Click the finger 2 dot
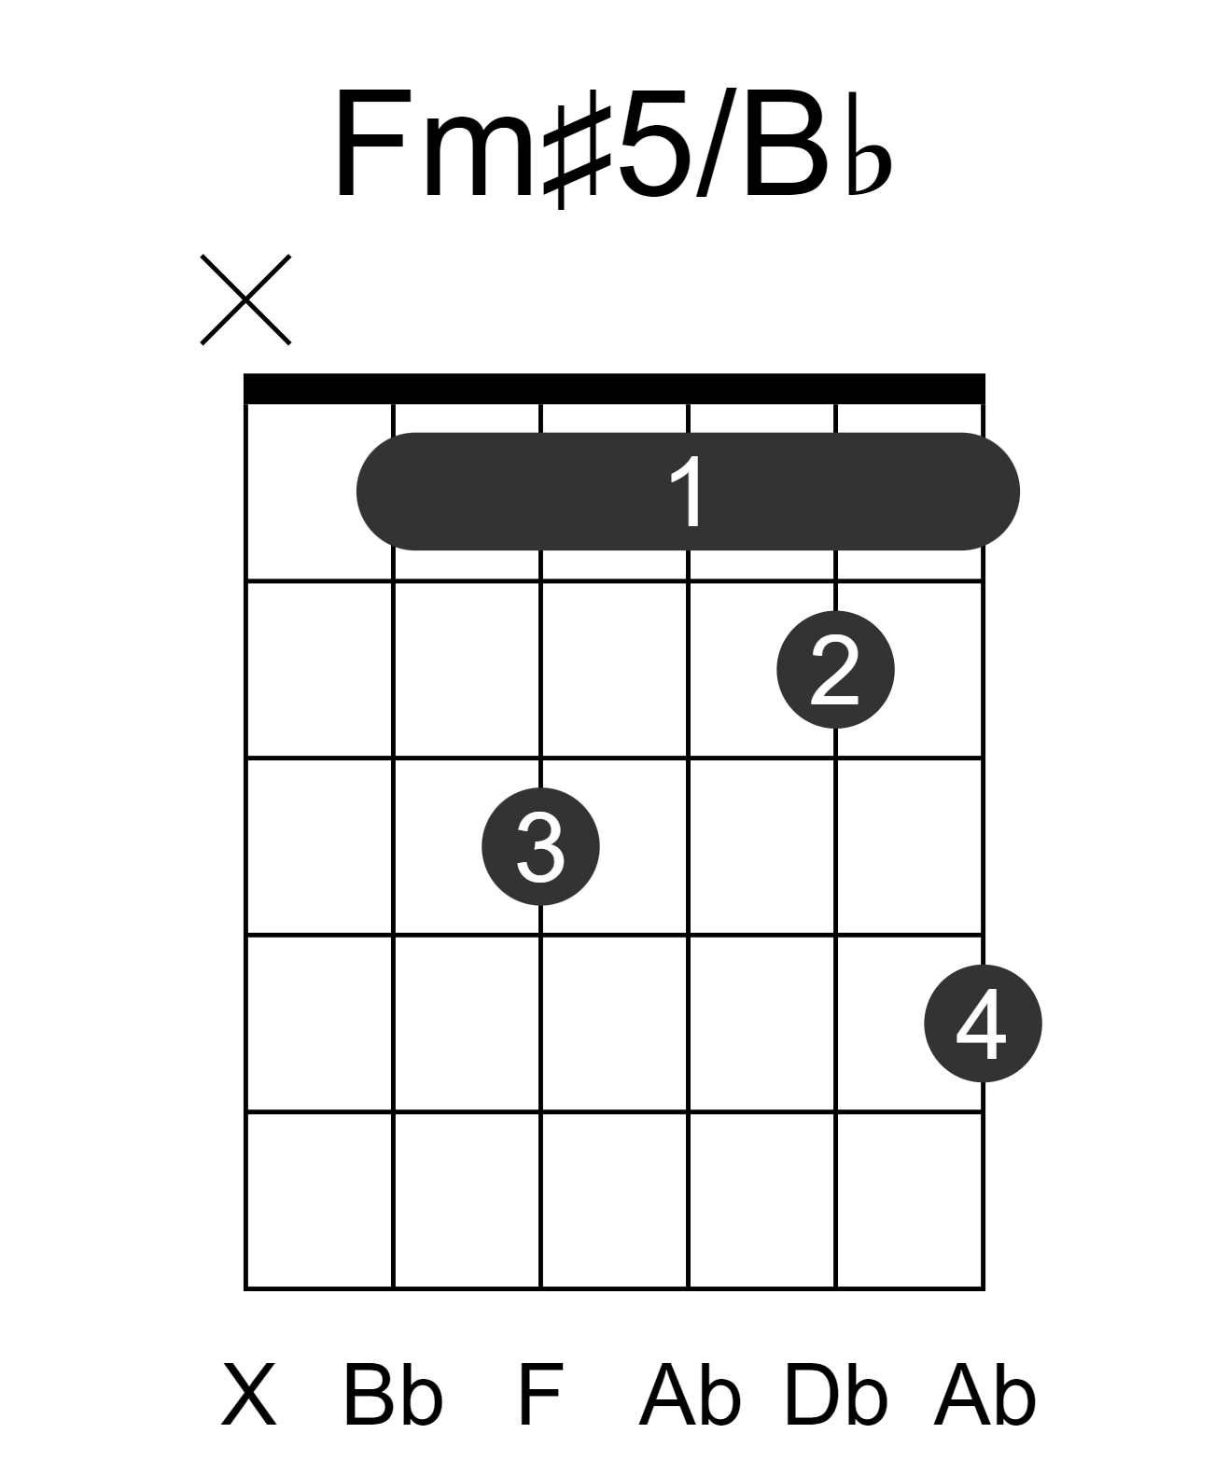[834, 670]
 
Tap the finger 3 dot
[540, 846]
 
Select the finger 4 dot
[983, 1023]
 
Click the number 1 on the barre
[688, 491]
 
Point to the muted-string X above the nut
[246, 299]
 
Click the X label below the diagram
[248, 1395]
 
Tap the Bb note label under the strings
[393, 1394]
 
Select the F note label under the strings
[541, 1395]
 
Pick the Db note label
[836, 1394]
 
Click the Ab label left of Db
[690, 1394]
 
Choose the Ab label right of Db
[985, 1394]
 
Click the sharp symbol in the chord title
[577, 149]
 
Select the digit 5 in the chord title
[654, 144]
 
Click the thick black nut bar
[614, 388]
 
